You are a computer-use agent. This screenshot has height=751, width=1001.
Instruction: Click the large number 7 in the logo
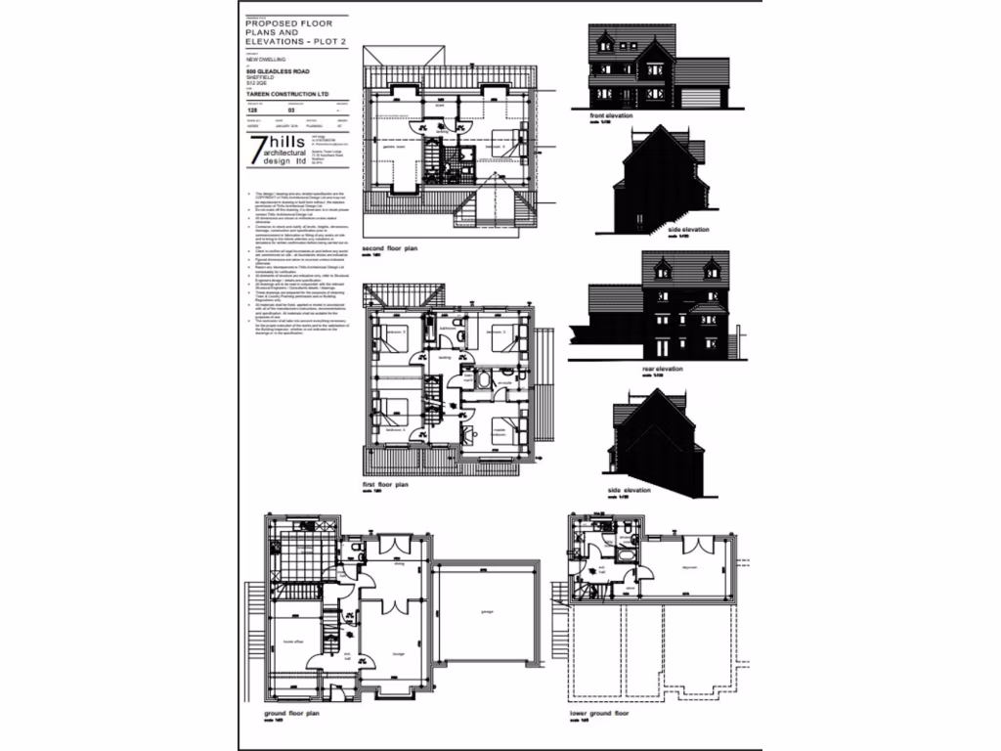(x=258, y=150)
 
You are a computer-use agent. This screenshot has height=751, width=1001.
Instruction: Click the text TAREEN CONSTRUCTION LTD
(x=288, y=95)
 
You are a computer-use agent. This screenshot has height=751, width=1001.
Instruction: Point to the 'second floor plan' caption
(x=390, y=249)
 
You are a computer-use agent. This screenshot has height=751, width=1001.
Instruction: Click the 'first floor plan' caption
(x=384, y=484)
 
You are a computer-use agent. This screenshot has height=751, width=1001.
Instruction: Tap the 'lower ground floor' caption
(x=599, y=715)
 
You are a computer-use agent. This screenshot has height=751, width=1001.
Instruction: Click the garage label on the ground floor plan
(x=486, y=613)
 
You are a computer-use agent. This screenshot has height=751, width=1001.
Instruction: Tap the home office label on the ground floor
(x=291, y=641)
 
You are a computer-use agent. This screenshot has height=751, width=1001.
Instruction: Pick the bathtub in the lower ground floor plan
(x=598, y=566)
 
